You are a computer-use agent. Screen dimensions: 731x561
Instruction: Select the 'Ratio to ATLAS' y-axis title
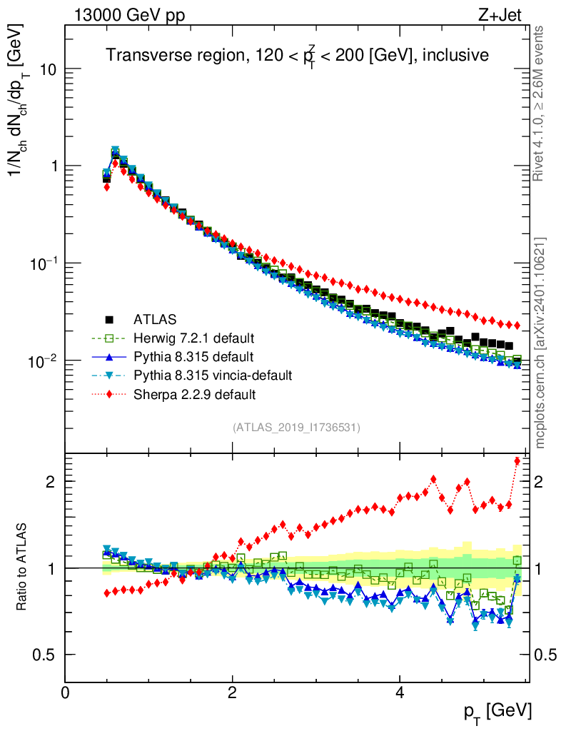click(22, 568)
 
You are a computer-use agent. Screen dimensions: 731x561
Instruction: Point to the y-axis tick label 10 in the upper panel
click(47, 69)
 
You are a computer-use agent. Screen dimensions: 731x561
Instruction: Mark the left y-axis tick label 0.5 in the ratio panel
click(46, 655)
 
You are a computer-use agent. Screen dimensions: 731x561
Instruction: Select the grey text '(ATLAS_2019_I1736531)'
click(296, 428)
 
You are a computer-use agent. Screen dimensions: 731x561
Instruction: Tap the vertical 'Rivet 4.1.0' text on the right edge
click(540, 103)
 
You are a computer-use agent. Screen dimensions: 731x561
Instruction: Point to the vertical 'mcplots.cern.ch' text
click(540, 343)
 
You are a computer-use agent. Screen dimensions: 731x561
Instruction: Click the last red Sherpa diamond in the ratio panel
click(517, 461)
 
